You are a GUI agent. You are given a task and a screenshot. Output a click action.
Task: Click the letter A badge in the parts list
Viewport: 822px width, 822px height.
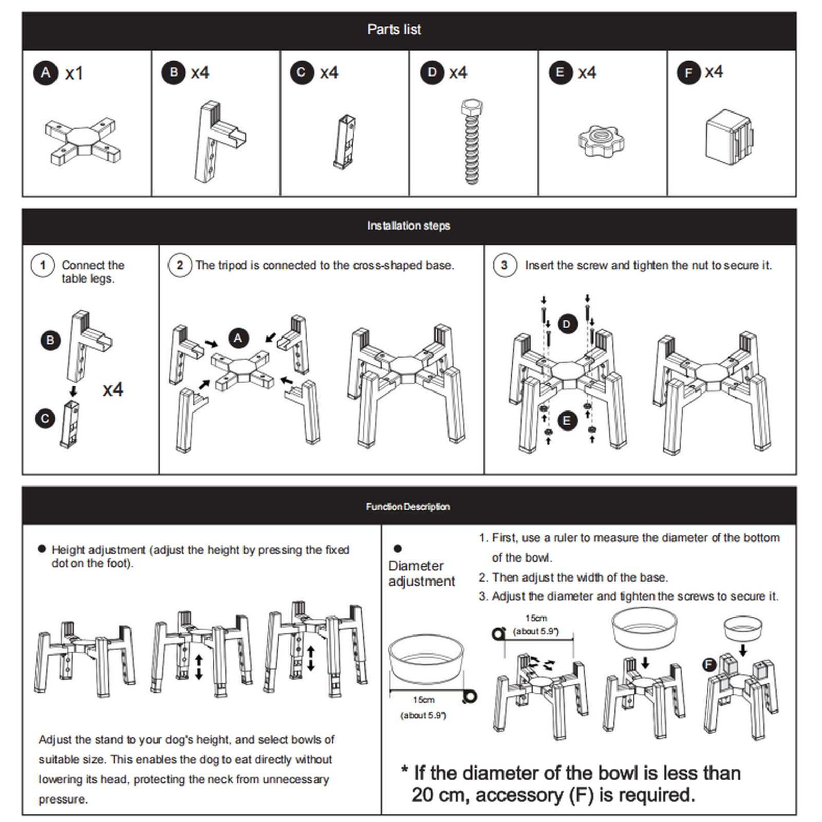(46, 73)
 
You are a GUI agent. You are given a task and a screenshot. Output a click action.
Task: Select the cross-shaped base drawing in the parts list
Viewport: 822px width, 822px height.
(83, 142)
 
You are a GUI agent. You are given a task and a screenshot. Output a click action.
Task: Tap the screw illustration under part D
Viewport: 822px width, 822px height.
(472, 142)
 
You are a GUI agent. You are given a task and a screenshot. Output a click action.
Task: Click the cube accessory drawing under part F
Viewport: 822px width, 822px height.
(728, 137)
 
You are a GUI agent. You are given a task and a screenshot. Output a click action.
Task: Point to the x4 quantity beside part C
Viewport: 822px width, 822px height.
(329, 72)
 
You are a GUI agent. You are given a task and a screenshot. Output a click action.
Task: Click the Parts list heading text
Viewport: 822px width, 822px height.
(394, 30)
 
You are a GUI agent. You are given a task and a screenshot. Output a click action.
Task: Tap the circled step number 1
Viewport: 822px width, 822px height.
(43, 266)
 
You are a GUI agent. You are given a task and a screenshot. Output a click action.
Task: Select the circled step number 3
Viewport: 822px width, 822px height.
(505, 266)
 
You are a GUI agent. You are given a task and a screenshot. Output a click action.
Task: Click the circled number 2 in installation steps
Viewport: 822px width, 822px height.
(180, 266)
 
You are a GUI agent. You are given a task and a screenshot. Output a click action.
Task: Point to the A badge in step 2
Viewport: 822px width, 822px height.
(238, 338)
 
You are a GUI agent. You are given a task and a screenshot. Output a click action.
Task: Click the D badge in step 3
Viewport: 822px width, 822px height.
(567, 324)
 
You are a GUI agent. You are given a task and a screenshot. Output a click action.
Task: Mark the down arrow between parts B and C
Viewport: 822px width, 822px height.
(73, 391)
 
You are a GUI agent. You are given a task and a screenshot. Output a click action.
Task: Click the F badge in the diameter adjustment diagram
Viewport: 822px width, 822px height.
(709, 665)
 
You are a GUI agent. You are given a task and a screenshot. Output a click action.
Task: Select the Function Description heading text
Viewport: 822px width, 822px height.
(408, 507)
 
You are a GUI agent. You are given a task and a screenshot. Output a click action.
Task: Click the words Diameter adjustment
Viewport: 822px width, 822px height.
(421, 573)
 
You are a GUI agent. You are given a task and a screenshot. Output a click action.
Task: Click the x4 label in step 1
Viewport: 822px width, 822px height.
(113, 389)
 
